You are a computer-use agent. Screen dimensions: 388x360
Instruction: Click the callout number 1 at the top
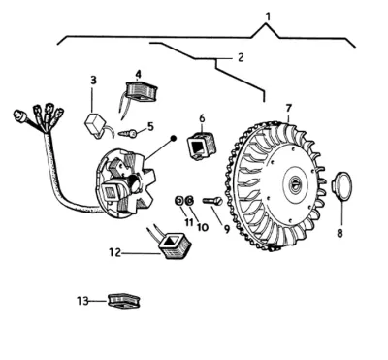pos(267,16)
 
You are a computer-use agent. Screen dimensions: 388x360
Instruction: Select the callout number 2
pos(241,58)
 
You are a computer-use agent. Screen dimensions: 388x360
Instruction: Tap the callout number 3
pos(93,80)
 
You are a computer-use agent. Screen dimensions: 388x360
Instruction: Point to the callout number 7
pos(289,108)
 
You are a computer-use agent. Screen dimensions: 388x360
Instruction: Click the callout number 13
pos(82,301)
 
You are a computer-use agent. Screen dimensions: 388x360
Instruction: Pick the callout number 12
pos(114,252)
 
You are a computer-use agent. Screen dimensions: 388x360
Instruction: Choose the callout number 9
pos(227,229)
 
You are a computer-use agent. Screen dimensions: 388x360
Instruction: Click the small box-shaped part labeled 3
pos(94,124)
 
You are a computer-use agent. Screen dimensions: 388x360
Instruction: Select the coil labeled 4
pos(142,91)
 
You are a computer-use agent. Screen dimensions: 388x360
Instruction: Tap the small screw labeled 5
pos(129,133)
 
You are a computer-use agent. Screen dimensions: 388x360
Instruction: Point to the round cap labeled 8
pos(341,186)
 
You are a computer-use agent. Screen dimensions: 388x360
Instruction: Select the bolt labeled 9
pos(212,201)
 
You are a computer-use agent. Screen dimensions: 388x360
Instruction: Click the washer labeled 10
pos(190,201)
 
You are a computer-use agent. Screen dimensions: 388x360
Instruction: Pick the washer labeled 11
pos(178,201)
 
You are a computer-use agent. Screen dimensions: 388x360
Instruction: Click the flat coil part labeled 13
pos(124,301)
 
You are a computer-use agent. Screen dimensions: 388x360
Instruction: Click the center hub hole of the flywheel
pos(296,183)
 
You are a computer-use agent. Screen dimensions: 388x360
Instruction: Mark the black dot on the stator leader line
pos(174,138)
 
